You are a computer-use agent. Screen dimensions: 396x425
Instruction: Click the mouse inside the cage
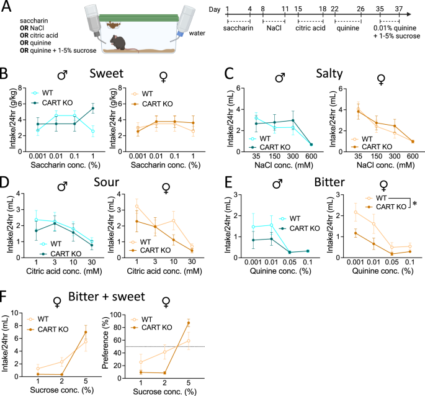[117, 43]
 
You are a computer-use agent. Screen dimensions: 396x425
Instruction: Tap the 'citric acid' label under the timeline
[308, 29]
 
